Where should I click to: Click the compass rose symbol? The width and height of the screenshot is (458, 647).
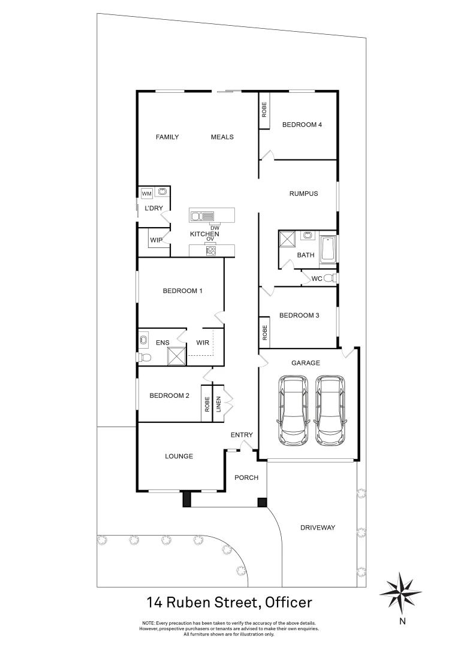pos(401,591)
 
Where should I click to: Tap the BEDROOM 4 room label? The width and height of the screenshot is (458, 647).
pos(302,125)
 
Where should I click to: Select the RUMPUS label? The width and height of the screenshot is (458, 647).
pos(303,194)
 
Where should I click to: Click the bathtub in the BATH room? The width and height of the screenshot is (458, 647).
pos(328,250)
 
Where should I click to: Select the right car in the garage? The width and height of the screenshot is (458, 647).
pos(331,410)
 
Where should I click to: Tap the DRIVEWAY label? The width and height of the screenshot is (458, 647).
pos(317,528)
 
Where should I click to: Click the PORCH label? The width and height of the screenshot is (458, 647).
pos(246,477)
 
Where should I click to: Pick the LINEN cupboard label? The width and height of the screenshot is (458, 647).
pos(219,405)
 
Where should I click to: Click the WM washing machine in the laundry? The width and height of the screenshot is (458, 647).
pos(146,193)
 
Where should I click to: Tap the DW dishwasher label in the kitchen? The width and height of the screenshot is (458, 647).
pos(214,228)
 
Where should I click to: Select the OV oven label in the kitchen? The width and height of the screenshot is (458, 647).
pos(210,239)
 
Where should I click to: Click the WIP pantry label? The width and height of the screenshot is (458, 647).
pos(156,240)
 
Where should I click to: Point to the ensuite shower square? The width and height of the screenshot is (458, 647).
pos(177,355)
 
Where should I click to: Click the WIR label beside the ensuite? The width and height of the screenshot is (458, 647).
pos(203,343)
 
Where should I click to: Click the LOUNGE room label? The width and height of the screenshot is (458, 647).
pos(179,456)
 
